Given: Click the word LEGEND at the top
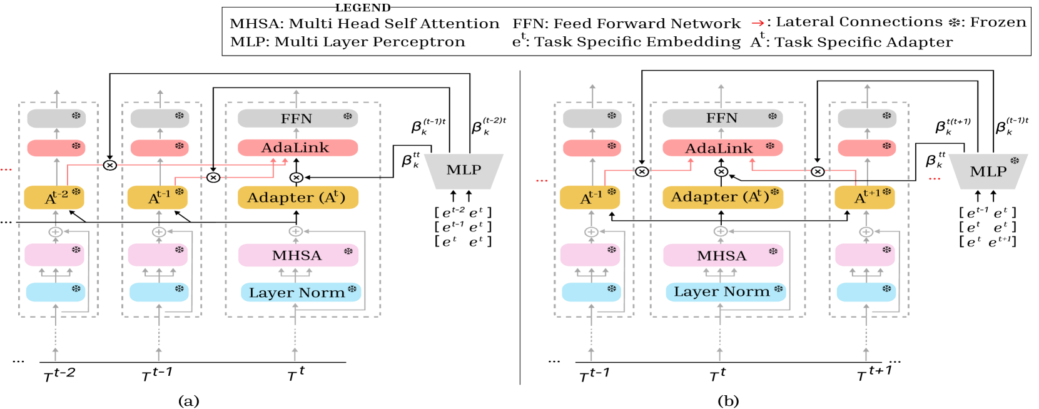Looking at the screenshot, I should click(363, 8).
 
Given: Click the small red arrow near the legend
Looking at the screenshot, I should click(758, 24).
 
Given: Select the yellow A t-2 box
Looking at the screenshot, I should click(54, 198).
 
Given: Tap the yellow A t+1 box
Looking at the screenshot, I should click(864, 198).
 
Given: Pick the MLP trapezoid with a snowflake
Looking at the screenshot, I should click(988, 171).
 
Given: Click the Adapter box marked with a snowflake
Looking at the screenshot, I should click(722, 197).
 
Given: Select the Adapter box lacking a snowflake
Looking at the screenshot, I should click(298, 198).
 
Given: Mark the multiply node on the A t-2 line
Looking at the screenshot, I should click(110, 165).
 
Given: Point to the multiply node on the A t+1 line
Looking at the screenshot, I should click(818, 171).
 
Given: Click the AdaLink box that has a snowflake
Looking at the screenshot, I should click(722, 148).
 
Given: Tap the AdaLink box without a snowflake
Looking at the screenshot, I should click(298, 148).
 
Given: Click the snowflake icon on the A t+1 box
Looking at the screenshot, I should click(886, 192).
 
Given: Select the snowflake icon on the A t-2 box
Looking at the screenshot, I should click(76, 192).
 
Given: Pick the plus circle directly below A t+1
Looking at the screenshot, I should click(866, 232).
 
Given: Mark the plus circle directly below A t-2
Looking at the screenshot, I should click(56, 232).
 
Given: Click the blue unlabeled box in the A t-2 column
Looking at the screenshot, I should click(56, 292).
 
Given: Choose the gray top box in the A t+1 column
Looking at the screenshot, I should click(867, 118).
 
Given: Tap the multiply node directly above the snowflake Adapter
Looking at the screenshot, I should click(721, 171).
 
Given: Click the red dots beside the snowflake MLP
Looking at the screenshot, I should click(934, 179).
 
